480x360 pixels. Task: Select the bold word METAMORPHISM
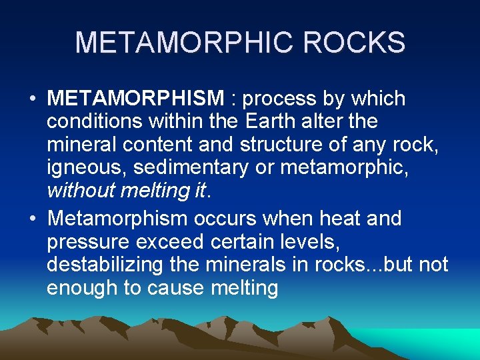click(x=136, y=99)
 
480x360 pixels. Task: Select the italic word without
click(x=81, y=190)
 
